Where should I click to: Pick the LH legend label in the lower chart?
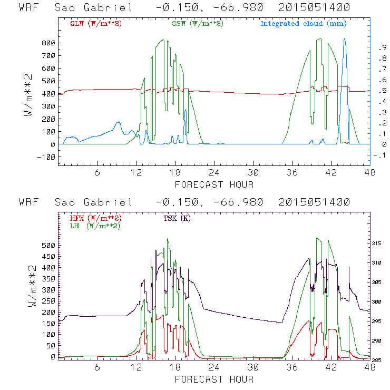click(x=94, y=226)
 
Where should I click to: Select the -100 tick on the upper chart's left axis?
click(x=46, y=157)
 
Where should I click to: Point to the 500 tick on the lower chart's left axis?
click(x=48, y=246)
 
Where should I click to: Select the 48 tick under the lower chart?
click(x=370, y=368)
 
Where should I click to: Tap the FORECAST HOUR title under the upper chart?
click(x=214, y=184)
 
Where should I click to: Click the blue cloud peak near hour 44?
click(x=345, y=39)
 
